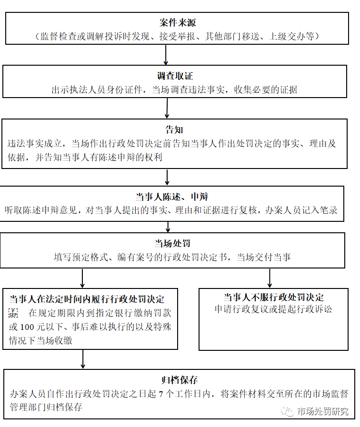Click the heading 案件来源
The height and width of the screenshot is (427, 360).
tap(177, 23)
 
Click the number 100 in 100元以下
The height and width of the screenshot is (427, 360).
tap(28, 327)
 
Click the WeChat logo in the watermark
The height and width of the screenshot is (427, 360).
tap(287, 411)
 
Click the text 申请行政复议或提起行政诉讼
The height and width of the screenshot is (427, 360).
tap(273, 309)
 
